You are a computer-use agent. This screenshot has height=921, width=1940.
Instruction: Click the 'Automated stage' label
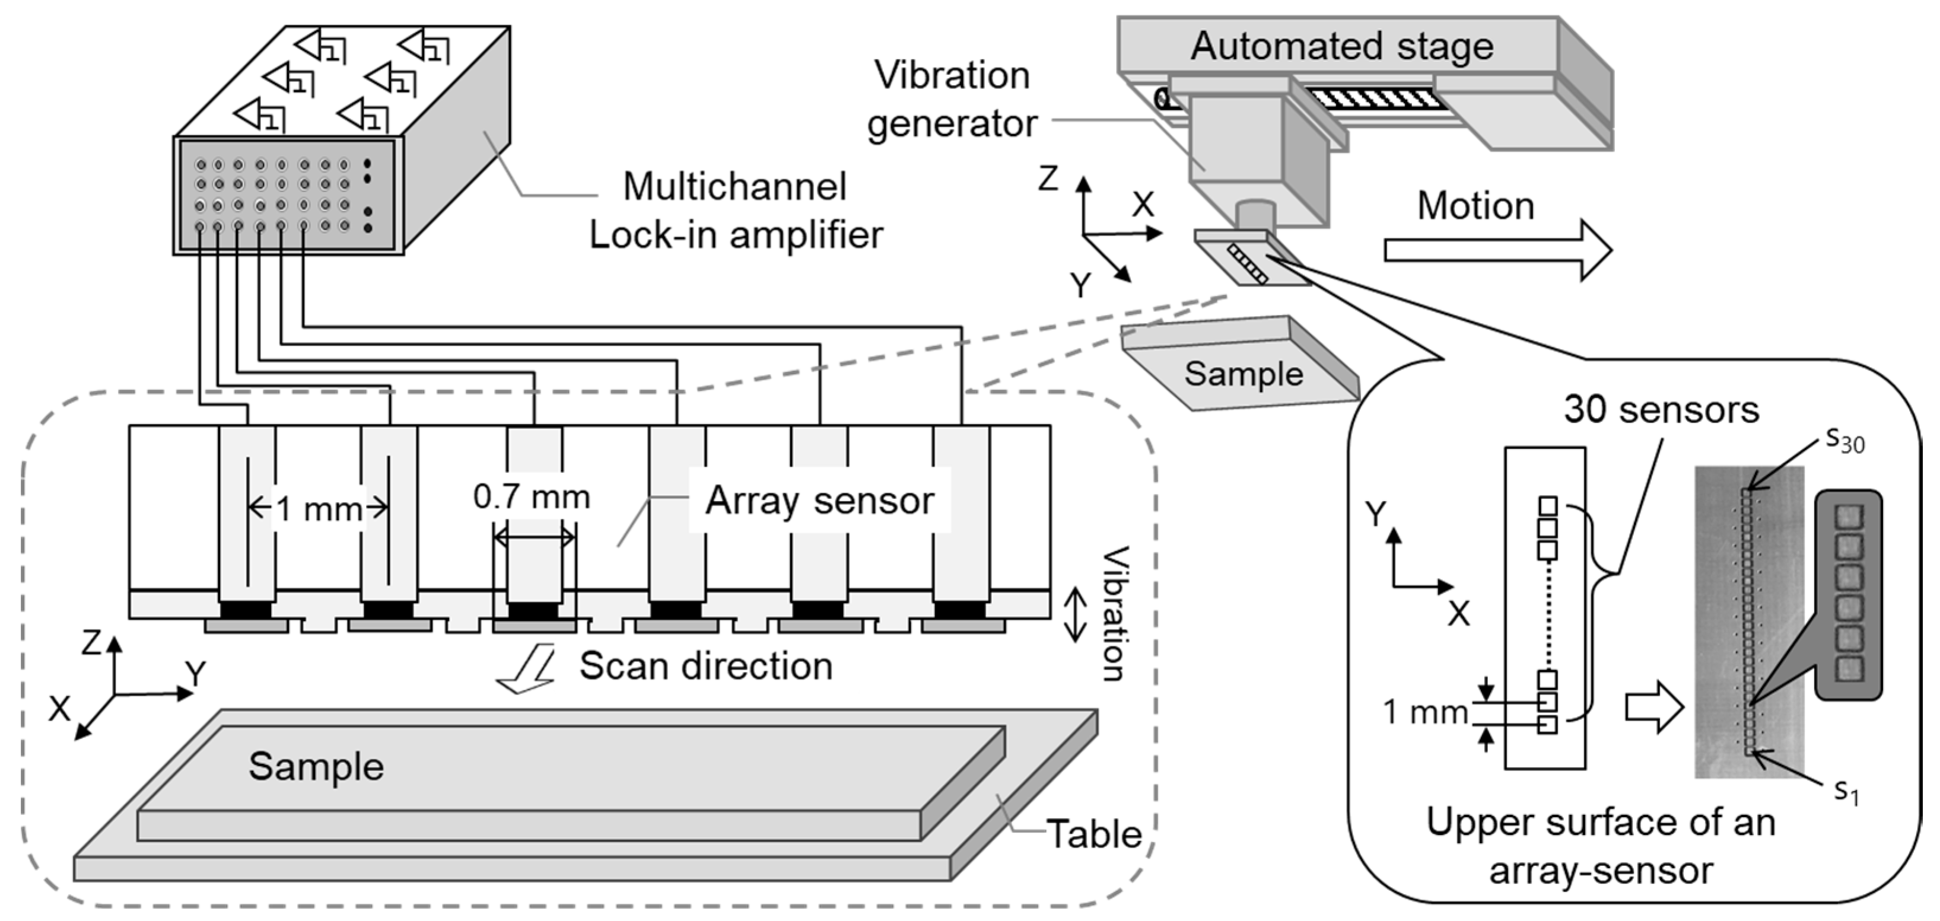[x=1341, y=47]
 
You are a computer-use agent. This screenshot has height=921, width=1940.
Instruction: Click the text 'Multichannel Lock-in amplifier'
[x=735, y=211]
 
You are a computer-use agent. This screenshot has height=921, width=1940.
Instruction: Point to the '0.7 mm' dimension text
[x=532, y=497]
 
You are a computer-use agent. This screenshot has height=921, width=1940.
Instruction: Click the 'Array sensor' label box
[x=819, y=501]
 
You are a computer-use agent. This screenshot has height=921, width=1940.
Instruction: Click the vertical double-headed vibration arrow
[x=1074, y=614]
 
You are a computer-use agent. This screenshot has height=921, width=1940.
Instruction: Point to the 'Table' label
[x=1094, y=834]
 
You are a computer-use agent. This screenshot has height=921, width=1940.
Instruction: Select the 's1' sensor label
[x=1846, y=792]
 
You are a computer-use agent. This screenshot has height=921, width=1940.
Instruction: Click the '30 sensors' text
[x=1661, y=410]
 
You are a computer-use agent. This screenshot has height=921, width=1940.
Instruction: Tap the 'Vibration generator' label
[x=952, y=100]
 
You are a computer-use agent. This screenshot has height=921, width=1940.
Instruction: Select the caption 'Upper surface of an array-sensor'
[x=1600, y=846]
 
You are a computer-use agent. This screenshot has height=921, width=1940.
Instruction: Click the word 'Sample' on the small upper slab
[x=1243, y=374]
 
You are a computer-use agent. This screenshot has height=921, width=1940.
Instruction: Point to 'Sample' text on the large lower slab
[x=316, y=767]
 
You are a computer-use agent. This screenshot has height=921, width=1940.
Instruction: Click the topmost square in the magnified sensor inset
[x=1848, y=518]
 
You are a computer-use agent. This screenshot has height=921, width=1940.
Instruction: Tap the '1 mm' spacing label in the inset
[x=1425, y=712]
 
